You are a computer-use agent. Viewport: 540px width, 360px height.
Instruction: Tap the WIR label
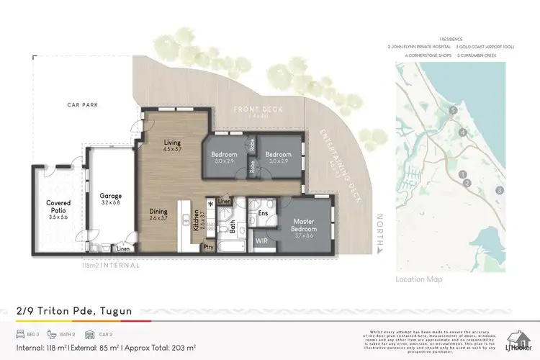point(261,241)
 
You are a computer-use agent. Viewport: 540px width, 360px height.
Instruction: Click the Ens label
point(263,213)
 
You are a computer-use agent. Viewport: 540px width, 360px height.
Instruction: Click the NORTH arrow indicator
point(380,232)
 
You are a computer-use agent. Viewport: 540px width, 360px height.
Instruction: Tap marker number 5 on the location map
point(453,110)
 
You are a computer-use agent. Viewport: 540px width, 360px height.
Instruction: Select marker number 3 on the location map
point(499,190)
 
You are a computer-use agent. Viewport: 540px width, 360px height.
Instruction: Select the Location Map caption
point(419,279)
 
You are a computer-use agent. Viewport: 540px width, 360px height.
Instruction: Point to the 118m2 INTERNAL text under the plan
point(109,265)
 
